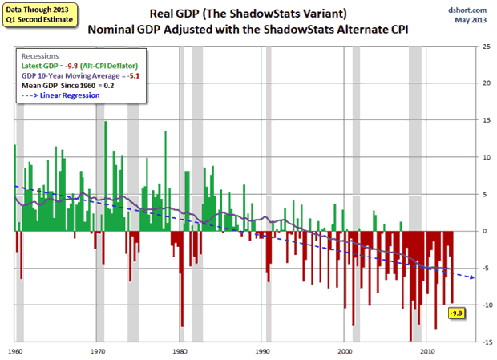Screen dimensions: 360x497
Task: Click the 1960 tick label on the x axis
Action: pos(15,351)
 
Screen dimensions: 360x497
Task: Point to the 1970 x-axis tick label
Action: pos(98,351)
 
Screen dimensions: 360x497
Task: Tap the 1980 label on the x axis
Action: pos(180,351)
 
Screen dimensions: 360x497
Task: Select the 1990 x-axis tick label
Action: pos(263,351)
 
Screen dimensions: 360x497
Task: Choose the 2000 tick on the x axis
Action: pos(345,351)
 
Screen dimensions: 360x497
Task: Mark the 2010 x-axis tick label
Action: pos(428,351)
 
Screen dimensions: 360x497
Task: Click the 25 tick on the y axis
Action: pos(475,47)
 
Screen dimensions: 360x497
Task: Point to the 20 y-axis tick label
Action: pos(475,83)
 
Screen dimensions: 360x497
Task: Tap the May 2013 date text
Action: pos(467,22)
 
